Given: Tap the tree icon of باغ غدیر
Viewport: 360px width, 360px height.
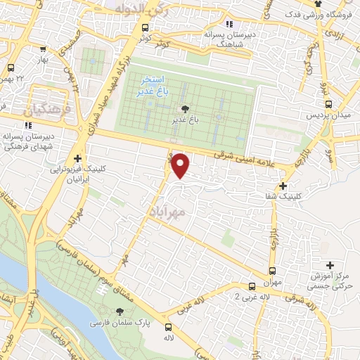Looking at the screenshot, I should point(185,108).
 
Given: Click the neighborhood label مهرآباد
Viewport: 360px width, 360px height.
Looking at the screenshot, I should point(167,211).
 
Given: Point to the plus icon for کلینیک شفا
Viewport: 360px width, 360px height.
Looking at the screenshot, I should point(283,186).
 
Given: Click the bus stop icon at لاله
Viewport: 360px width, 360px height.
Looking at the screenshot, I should point(167,327).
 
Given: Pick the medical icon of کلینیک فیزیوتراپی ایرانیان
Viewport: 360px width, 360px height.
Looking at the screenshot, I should point(77,158).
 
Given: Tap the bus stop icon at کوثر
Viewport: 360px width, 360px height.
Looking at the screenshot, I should point(145,28).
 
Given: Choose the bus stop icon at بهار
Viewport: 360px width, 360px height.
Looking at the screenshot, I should point(44,49).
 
